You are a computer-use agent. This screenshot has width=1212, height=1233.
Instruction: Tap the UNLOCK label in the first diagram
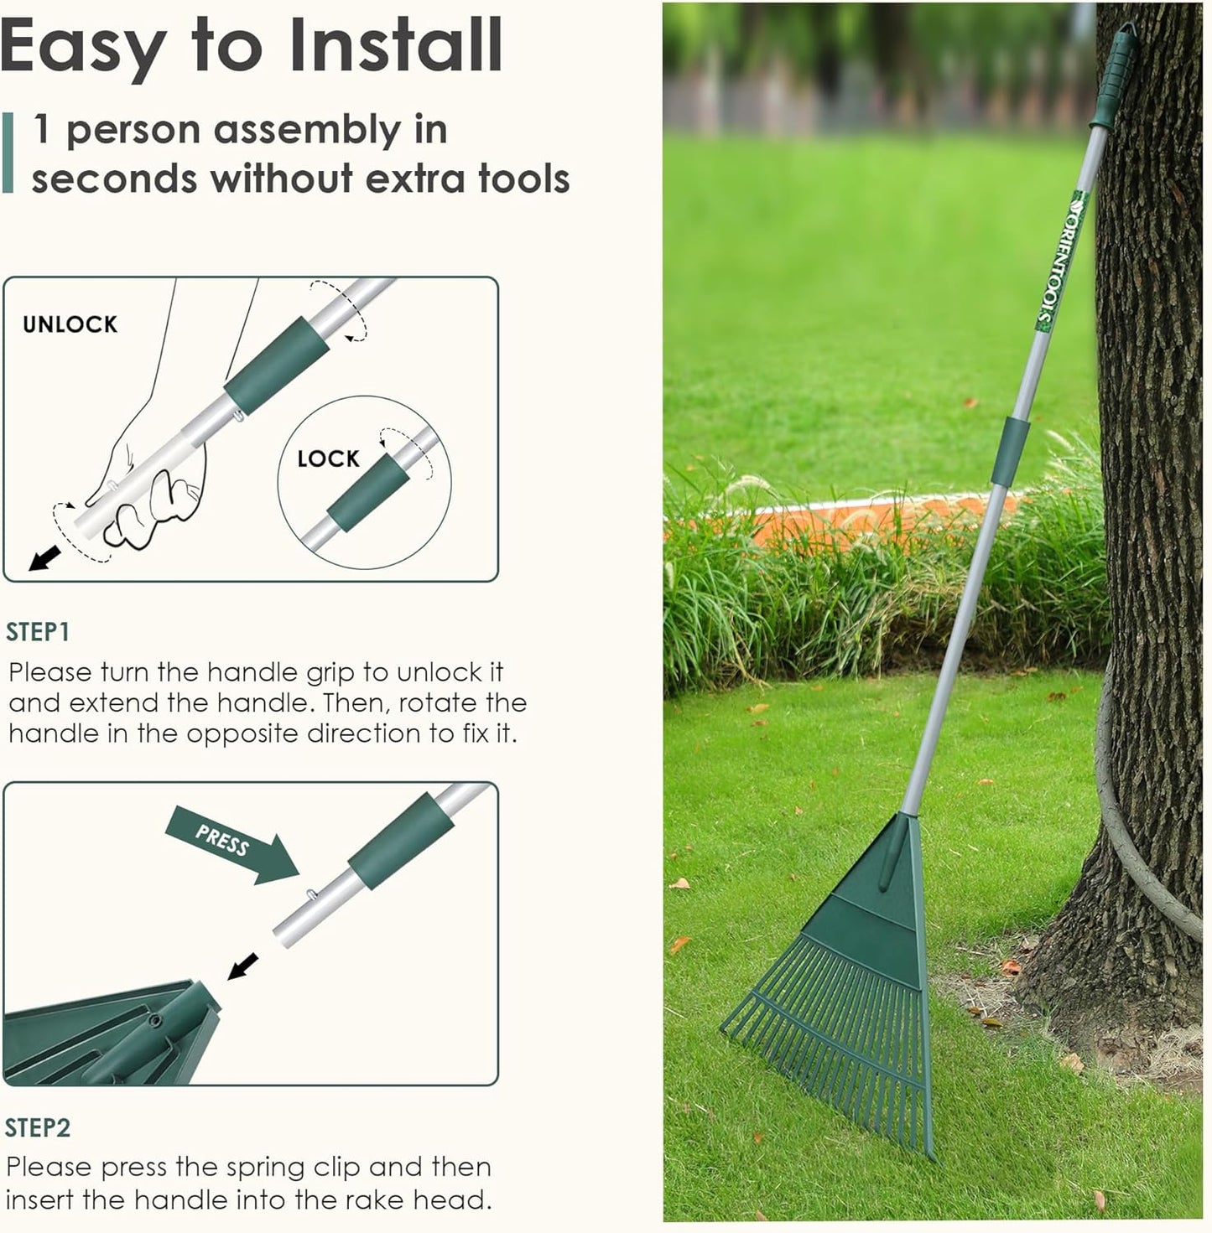[70, 324]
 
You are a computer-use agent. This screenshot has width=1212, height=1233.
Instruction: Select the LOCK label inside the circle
[328, 458]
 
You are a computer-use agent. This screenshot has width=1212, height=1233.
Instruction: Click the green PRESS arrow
[231, 843]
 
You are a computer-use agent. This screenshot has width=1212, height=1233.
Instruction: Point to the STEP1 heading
[38, 632]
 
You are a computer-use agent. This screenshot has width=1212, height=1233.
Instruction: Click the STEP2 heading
[38, 1127]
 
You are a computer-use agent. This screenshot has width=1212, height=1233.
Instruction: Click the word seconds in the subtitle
[114, 179]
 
